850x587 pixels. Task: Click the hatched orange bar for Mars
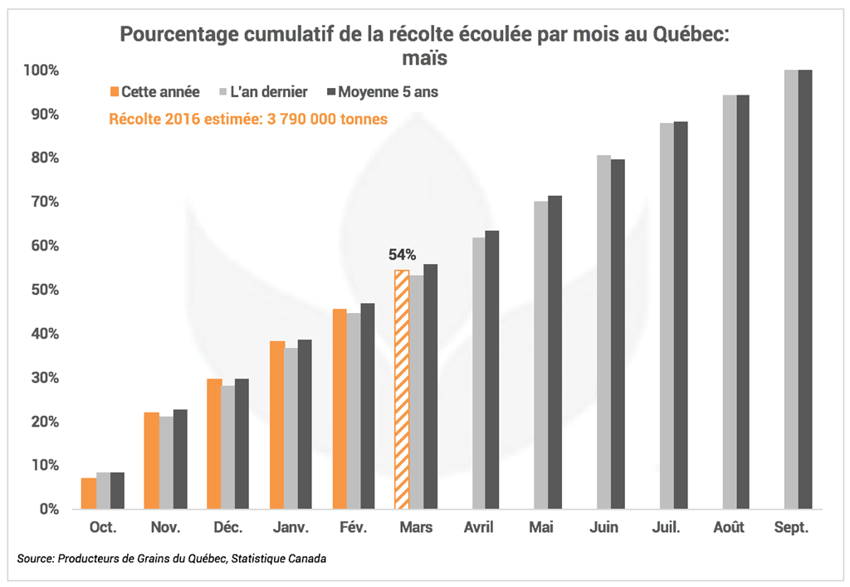[402, 389]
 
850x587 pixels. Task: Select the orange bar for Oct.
[88, 493]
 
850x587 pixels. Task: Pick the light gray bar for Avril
[478, 373]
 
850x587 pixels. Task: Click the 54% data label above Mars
[402, 255]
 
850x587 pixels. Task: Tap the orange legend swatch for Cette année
[115, 92]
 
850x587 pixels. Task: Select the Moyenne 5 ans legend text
[387, 92]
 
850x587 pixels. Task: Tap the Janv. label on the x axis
[290, 528]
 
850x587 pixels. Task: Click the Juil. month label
[668, 528]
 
